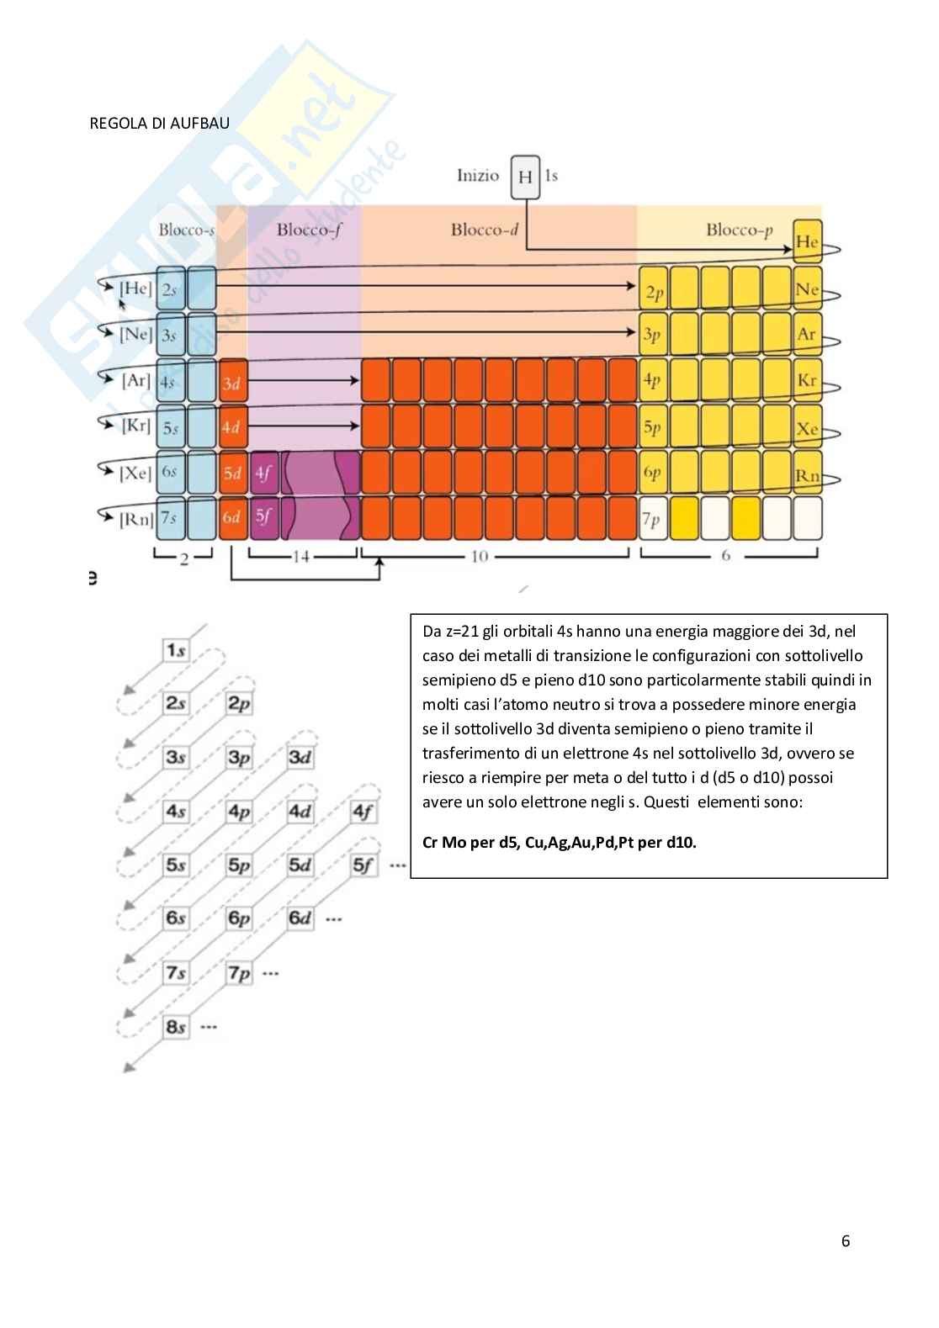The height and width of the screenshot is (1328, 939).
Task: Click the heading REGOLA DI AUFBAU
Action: pos(159,123)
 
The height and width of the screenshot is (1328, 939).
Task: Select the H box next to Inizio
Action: pos(525,177)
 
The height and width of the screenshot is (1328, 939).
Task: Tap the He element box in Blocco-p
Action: pos(807,241)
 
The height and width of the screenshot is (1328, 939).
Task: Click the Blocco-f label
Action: pos(308,230)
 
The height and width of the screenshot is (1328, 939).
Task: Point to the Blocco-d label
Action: pos(484,230)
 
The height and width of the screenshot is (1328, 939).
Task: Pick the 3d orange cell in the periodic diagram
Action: pos(232,383)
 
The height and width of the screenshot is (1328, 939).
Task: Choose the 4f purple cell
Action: pos(264,474)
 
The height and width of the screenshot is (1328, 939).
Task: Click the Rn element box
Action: pos(807,475)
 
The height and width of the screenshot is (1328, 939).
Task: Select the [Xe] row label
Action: pos(135,473)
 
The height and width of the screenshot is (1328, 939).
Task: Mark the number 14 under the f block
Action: pos(300,556)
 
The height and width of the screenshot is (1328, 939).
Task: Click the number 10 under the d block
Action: pos(479,556)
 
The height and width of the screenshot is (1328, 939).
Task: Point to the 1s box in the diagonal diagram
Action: pos(176,649)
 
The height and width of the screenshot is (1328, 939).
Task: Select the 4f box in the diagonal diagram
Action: pos(363,812)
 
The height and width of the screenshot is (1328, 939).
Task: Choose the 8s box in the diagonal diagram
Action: pos(176,1027)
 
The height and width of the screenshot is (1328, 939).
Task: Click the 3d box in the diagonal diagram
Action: pos(300,757)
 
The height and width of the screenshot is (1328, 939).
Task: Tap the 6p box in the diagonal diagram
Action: pos(239,918)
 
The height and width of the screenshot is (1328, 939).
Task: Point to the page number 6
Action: pos(846,1241)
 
